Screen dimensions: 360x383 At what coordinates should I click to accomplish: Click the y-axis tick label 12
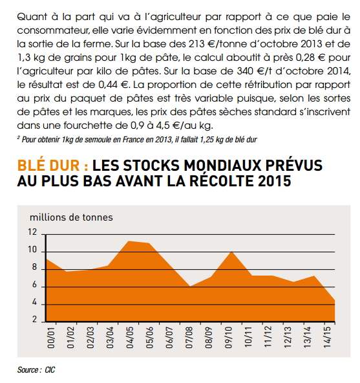(32, 232)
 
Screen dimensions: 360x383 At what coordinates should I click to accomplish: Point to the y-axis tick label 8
(34, 267)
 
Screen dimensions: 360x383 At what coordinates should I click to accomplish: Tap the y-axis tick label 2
(34, 319)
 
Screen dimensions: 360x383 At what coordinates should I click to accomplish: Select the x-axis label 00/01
(51, 338)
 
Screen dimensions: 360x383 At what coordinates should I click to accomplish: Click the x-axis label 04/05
(130, 338)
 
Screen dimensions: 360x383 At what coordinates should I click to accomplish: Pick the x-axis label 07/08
(189, 338)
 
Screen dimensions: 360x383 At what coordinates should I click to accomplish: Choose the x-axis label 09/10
(228, 338)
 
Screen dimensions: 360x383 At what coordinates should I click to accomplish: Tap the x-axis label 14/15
(327, 337)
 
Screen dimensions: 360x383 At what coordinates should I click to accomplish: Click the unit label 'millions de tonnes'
(71, 217)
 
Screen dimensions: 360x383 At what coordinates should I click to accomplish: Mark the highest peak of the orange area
(129, 241)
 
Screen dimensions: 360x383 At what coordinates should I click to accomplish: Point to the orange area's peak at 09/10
(231, 251)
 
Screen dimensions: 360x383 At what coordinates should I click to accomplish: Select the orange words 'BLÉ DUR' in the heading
(48, 166)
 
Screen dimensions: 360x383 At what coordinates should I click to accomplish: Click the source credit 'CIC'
(50, 370)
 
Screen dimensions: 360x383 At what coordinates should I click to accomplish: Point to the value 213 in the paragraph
(196, 44)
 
